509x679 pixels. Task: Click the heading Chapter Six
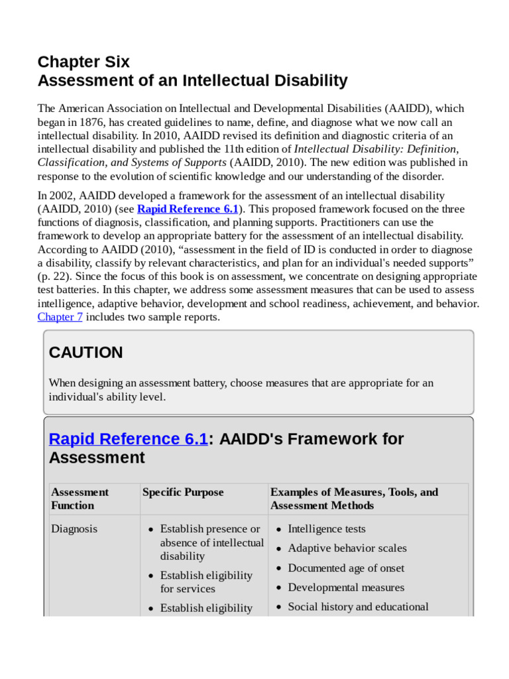(x=84, y=62)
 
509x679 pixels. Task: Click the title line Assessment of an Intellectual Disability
(x=192, y=81)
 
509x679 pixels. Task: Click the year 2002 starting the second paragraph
(x=62, y=196)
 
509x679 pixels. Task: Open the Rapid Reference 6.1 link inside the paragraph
(x=188, y=209)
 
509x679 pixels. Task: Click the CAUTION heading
(x=85, y=353)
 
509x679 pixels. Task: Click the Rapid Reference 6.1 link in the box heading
(x=128, y=439)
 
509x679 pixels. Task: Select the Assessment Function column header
(x=80, y=499)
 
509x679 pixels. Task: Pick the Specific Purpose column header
(x=183, y=492)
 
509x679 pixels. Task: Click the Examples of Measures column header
(x=354, y=499)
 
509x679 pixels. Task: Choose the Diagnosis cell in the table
(x=74, y=529)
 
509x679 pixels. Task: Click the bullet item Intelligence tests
(x=327, y=529)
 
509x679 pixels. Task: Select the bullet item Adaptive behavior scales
(x=347, y=548)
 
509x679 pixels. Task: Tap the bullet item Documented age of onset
(x=346, y=568)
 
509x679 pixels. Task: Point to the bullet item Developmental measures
(x=346, y=587)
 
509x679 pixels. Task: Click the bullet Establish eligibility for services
(x=206, y=582)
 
